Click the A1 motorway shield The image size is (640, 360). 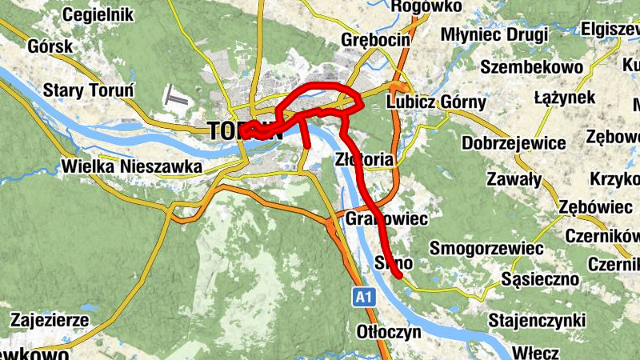[364, 298]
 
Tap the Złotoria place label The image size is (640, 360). [366, 159]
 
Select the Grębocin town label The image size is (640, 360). [375, 39]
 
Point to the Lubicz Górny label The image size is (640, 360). [436, 102]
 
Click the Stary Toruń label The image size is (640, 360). [89, 90]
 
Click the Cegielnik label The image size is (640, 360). [91, 14]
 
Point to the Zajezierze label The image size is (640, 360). [50, 321]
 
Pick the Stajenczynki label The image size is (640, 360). [538, 321]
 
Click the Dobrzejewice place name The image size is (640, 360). [514, 143]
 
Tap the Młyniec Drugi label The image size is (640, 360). [494, 35]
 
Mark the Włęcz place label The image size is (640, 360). [530, 351]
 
